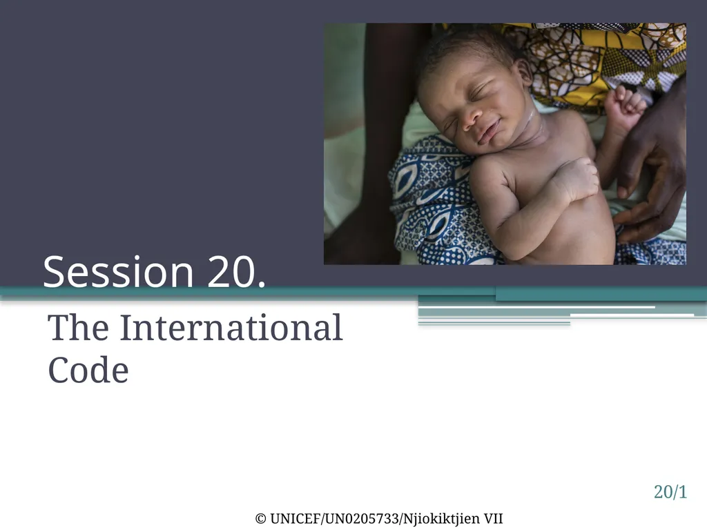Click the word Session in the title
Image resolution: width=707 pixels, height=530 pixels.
tap(118, 272)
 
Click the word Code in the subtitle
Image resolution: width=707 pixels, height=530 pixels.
tap(88, 370)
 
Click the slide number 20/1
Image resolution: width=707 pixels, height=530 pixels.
tap(670, 492)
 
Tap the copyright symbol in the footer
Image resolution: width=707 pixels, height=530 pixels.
tap(260, 519)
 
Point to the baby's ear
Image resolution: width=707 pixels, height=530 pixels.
tap(523, 72)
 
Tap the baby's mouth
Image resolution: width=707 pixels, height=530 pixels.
tap(491, 131)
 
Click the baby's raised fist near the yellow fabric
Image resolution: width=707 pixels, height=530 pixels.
tap(625, 107)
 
